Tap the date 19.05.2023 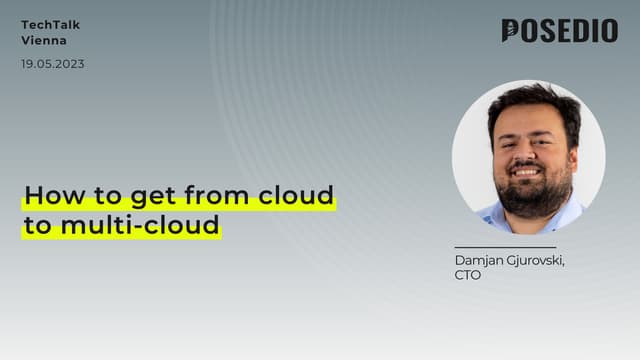pyautogui.click(x=53, y=64)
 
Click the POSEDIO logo pyautogui.click(x=559, y=31)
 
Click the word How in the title pyautogui.click(x=45, y=194)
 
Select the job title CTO pyautogui.click(x=467, y=275)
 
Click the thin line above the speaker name pyautogui.click(x=504, y=247)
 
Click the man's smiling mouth pyautogui.click(x=528, y=171)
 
